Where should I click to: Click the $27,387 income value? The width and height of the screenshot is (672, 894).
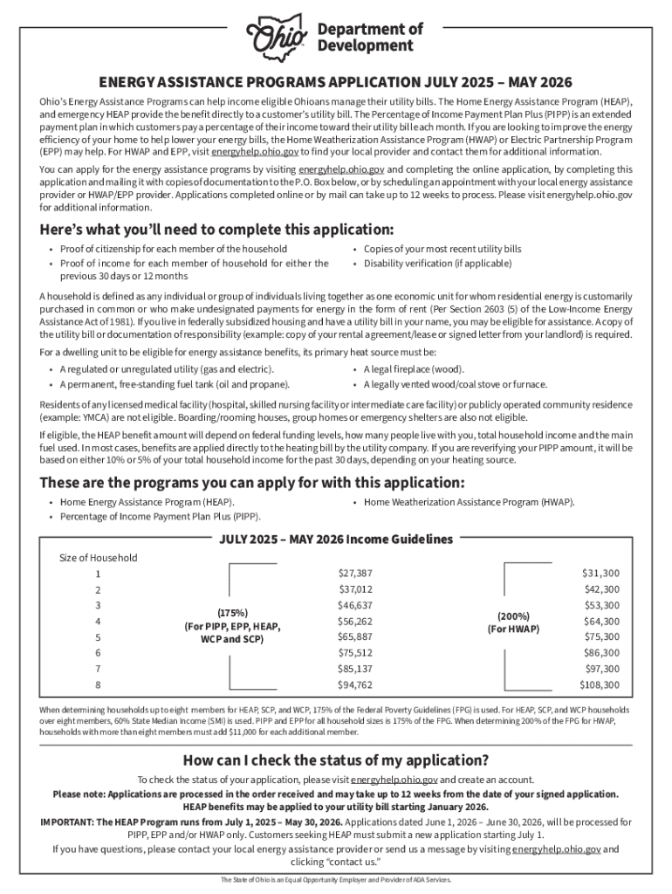tap(355, 573)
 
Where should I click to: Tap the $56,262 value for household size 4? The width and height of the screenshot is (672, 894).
tap(355, 621)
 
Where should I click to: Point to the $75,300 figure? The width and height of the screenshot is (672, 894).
tap(601, 636)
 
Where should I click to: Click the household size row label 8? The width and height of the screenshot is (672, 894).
tap(98, 685)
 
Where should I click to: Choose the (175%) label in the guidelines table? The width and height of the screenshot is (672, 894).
tap(232, 613)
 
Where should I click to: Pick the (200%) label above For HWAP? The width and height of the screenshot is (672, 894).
tap(512, 615)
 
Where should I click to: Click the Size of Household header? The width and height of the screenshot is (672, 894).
tap(98, 558)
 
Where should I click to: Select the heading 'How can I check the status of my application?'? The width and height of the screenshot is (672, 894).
tap(335, 759)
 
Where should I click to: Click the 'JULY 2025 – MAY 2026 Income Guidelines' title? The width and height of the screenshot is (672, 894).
tap(335, 539)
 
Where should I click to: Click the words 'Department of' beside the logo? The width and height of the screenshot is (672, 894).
tap(369, 30)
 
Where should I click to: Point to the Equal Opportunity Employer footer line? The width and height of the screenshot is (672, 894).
tap(335, 879)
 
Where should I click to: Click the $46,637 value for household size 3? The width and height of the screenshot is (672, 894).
tap(355, 604)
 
